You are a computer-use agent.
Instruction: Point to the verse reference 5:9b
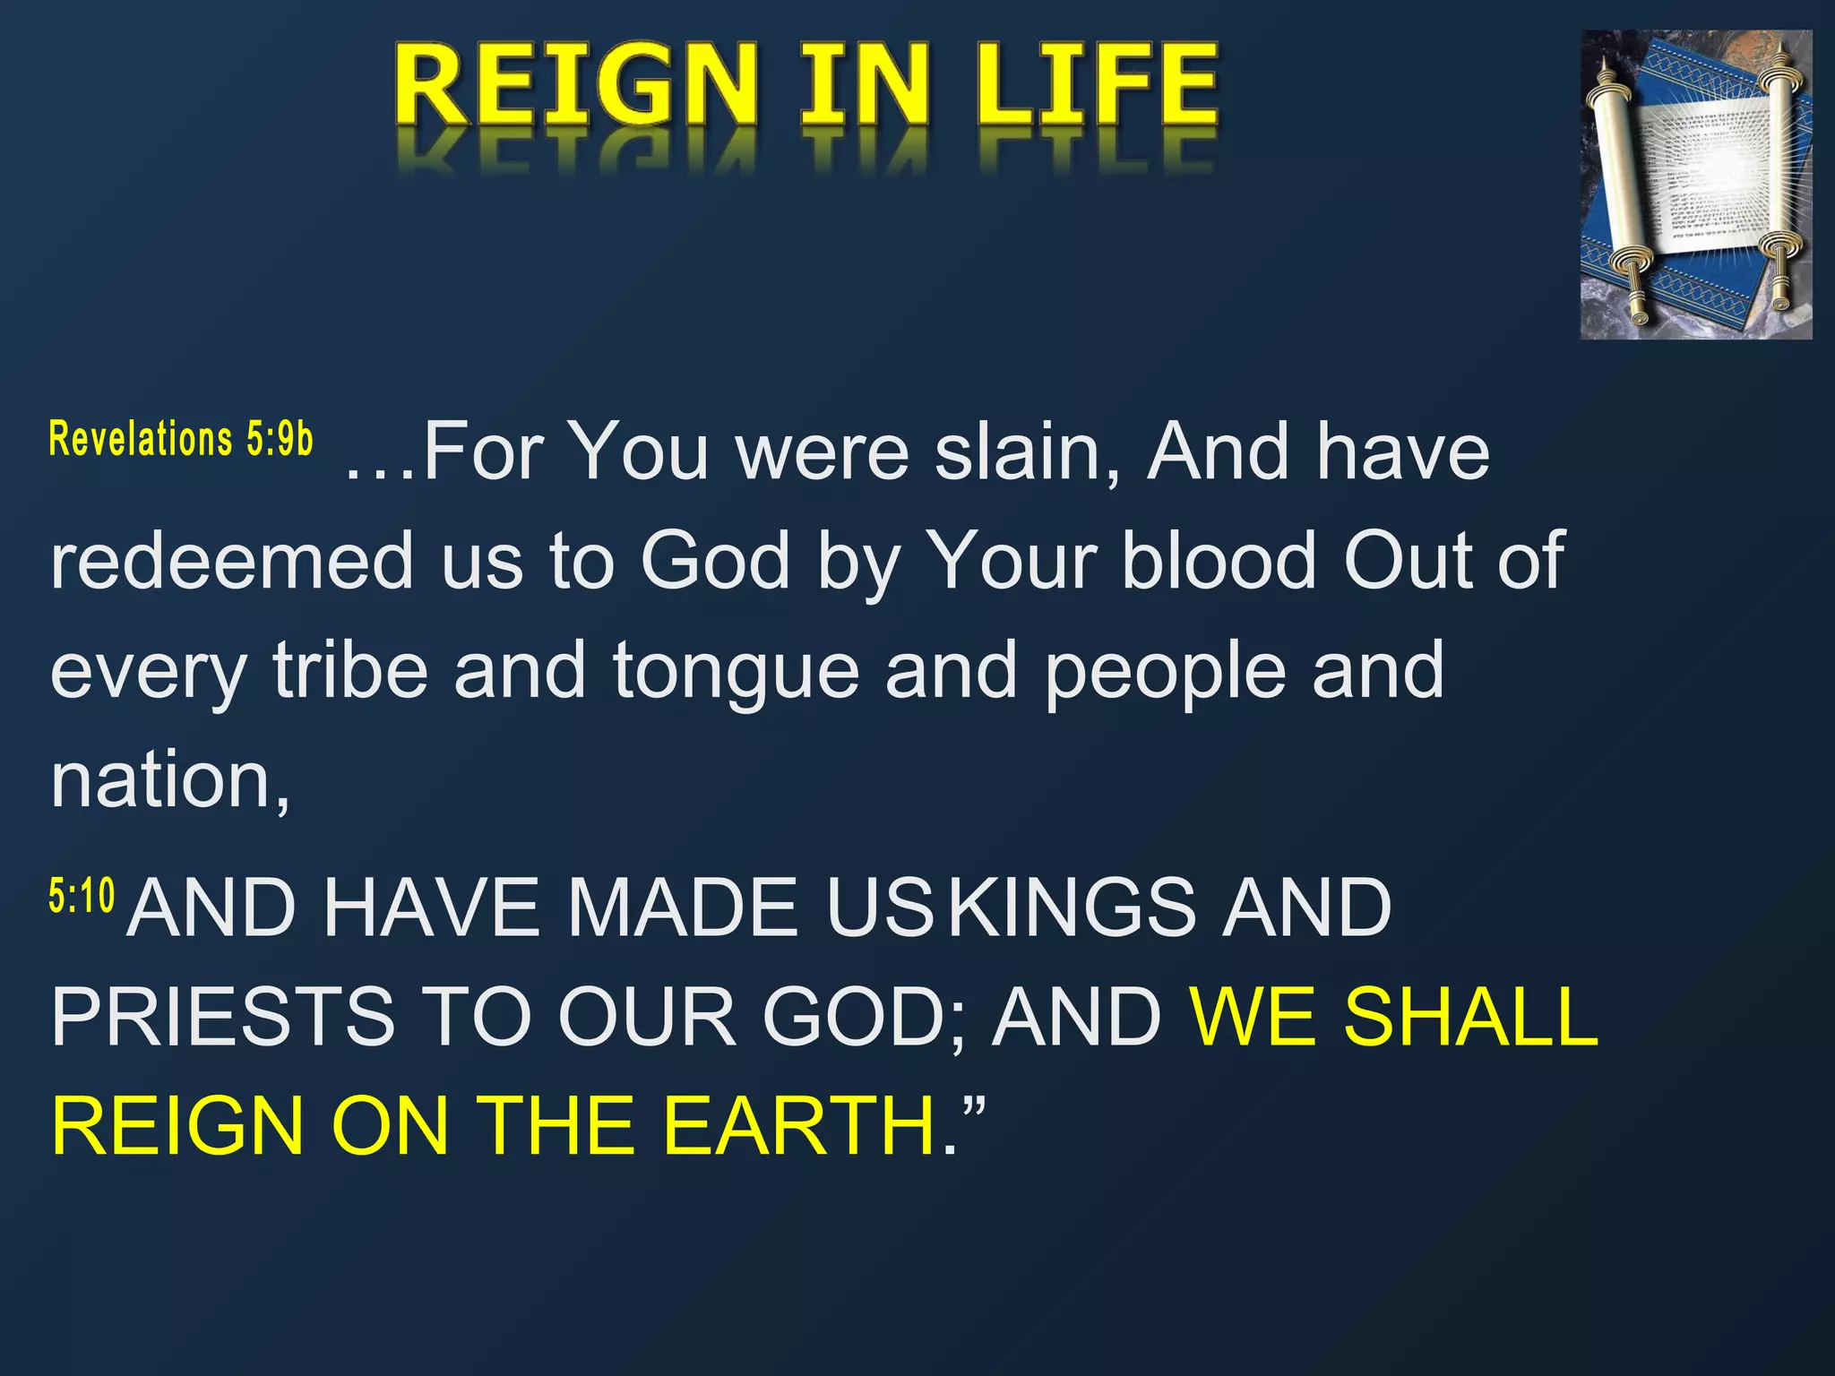point(280,439)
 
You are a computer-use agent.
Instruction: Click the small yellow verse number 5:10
point(82,896)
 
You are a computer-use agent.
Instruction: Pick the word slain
point(1027,451)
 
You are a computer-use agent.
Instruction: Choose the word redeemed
point(231,561)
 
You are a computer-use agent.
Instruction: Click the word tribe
point(350,670)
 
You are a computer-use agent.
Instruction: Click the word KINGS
point(1072,907)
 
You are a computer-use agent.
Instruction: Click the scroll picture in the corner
point(1695,185)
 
